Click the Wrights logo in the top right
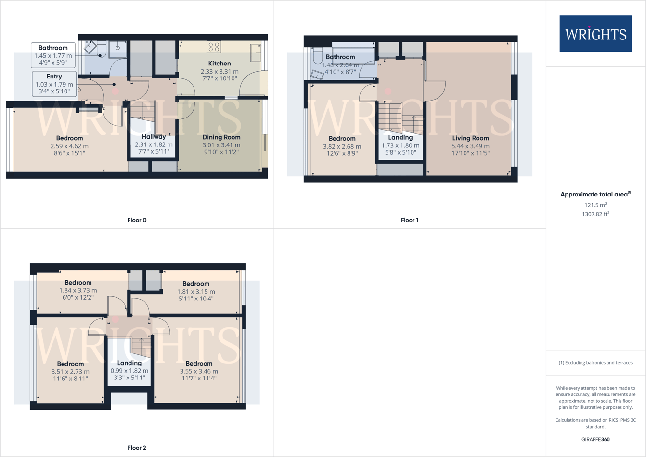(595, 34)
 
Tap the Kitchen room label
(220, 64)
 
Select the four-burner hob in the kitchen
(214, 47)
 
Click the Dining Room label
(221, 137)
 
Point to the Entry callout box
(54, 83)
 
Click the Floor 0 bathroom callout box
(53, 55)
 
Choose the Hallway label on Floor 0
(154, 137)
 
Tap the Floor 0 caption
(137, 220)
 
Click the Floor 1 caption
(410, 220)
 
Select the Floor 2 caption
(137, 448)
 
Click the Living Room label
(470, 138)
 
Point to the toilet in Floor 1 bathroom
(317, 57)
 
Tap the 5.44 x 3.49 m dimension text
(470, 146)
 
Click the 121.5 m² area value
(595, 205)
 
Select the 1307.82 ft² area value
(595, 214)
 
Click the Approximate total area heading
(595, 195)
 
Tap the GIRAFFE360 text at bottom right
(595, 439)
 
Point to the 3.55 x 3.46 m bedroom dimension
(199, 371)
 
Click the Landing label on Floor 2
(129, 363)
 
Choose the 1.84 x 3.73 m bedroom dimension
(78, 290)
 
